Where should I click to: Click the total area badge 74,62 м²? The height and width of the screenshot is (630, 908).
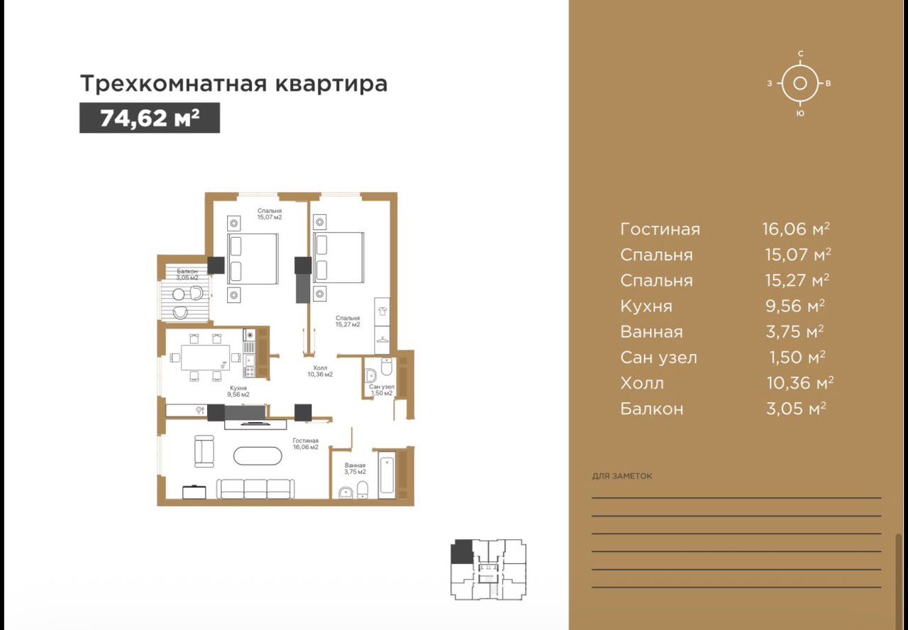pyautogui.click(x=150, y=118)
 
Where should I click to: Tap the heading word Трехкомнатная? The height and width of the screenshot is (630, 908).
pyautogui.click(x=174, y=84)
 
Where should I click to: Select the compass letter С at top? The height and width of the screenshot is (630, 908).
pyautogui.click(x=801, y=53)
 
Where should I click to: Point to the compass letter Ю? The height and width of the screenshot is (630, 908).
pyautogui.click(x=800, y=114)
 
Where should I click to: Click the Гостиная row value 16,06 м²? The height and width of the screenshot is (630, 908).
pyautogui.click(x=796, y=229)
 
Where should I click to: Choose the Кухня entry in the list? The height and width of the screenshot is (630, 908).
pyautogui.click(x=646, y=306)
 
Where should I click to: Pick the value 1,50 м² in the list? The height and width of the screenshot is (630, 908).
pyautogui.click(x=797, y=357)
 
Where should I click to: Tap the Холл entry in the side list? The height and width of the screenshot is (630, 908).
pyautogui.click(x=642, y=383)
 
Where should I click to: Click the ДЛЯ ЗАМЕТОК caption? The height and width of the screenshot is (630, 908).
pyautogui.click(x=622, y=476)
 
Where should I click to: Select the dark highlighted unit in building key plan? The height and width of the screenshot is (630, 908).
pyautogui.click(x=462, y=552)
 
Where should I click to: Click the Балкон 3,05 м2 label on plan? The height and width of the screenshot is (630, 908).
pyautogui.click(x=187, y=275)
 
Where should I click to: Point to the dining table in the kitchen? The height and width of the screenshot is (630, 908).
pyautogui.click(x=205, y=357)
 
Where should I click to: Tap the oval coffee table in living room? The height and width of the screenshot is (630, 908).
pyautogui.click(x=258, y=455)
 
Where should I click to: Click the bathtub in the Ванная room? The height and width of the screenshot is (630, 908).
pyautogui.click(x=387, y=475)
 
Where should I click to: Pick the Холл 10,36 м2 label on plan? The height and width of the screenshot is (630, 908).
pyautogui.click(x=320, y=371)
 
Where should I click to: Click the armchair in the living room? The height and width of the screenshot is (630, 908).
pyautogui.click(x=204, y=451)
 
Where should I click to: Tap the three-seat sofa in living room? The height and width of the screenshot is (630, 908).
pyautogui.click(x=255, y=489)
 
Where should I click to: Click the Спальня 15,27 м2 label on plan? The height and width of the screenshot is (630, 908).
pyautogui.click(x=348, y=321)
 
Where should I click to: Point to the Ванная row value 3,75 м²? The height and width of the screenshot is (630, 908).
pyautogui.click(x=795, y=331)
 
